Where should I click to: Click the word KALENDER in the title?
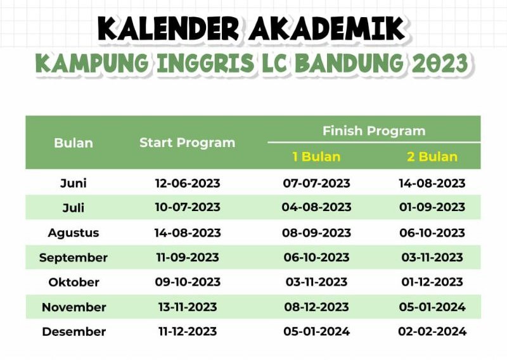coord(169,29)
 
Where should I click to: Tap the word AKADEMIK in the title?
coord(327,29)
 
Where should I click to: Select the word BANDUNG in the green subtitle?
coord(350,63)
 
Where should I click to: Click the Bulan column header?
coord(74,143)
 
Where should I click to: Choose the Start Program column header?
coord(187,143)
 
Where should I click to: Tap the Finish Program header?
coord(374,131)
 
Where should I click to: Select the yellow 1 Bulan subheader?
coord(316,157)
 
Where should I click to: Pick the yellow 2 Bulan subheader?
coord(432,157)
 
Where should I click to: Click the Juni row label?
coord(74,183)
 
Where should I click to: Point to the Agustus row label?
coord(74,233)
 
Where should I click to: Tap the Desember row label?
coord(74,331)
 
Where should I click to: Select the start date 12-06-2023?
coord(188,183)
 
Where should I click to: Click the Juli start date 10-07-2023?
coord(188,207)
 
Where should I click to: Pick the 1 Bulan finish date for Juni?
coord(316,183)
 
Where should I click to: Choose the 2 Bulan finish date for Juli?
coord(432,207)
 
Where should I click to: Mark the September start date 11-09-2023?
coord(188,257)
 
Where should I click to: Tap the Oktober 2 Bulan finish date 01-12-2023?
coord(432,282)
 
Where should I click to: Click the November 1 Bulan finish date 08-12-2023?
coord(316,307)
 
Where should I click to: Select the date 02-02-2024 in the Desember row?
coord(432,331)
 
